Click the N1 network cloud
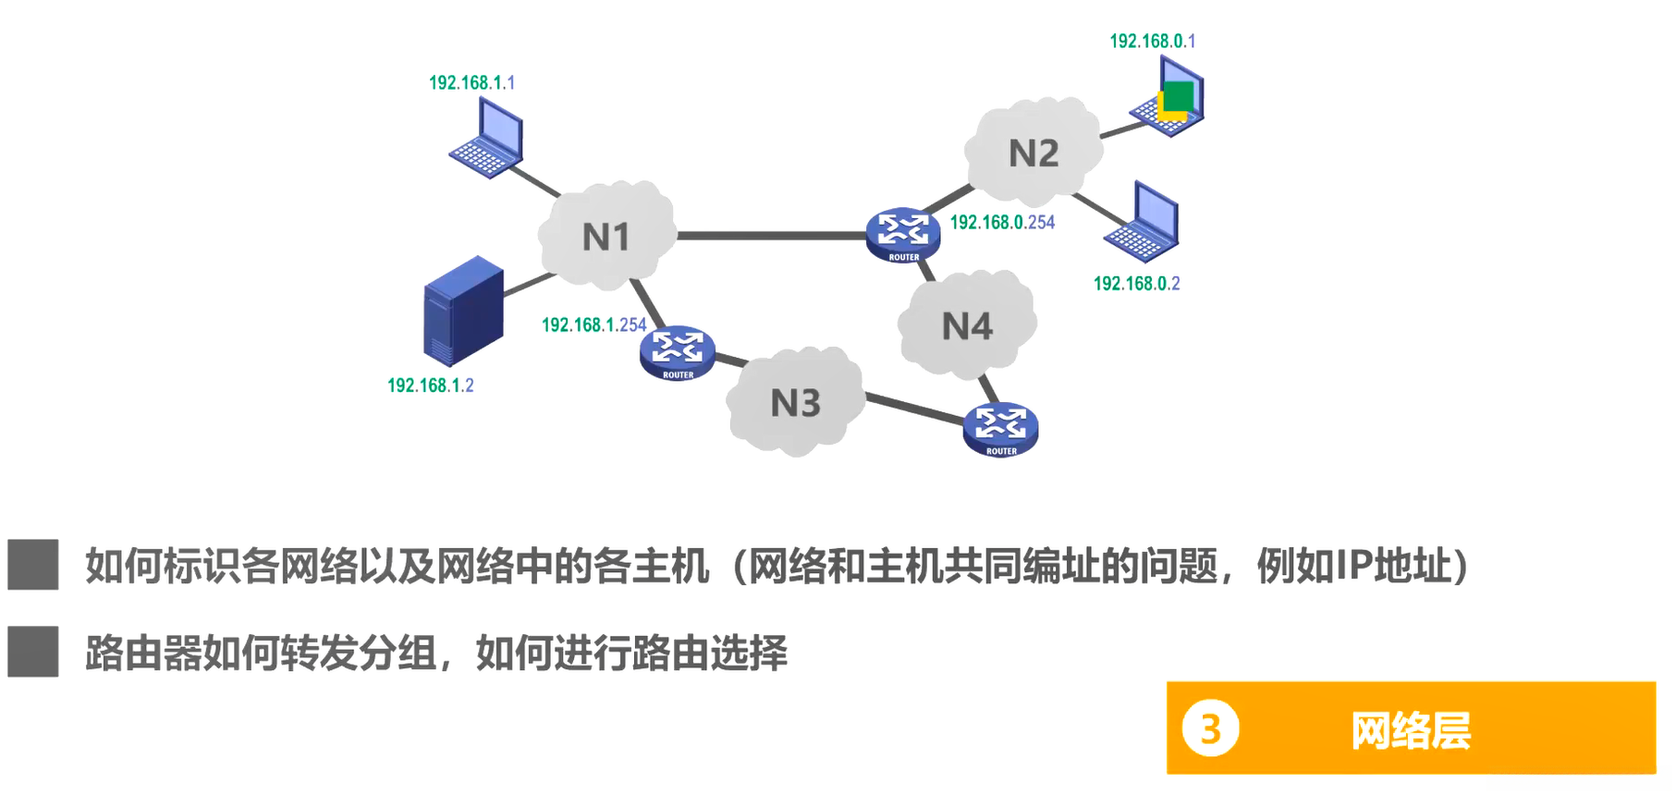[606, 236]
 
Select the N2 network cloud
[1034, 153]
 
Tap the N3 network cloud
[795, 402]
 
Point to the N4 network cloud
[967, 325]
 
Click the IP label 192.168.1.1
[471, 83]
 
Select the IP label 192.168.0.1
[1152, 42]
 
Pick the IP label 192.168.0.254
[1002, 223]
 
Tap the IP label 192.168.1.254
[593, 325]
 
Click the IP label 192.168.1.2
[430, 385]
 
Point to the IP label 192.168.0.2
[1136, 284]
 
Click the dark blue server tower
[463, 311]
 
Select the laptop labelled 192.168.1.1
[488, 139]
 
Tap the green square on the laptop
[1179, 95]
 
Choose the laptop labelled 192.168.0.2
[1144, 223]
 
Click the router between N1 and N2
[903, 235]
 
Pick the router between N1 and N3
[678, 352]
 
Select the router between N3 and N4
[1000, 429]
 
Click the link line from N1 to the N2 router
[771, 236]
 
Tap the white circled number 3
[1210, 729]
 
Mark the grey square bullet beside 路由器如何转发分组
[33, 652]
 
